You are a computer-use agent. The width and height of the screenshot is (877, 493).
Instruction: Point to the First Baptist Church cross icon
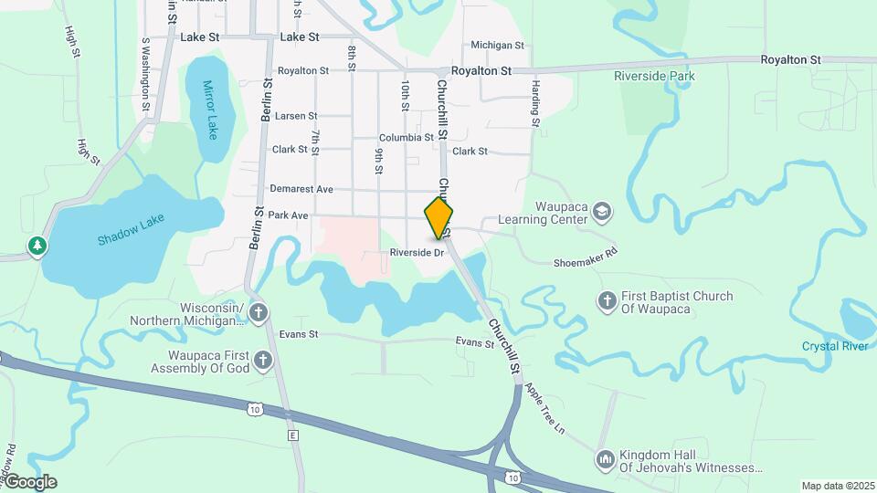tap(607, 300)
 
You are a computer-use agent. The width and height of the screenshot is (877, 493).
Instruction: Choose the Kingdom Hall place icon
tap(604, 460)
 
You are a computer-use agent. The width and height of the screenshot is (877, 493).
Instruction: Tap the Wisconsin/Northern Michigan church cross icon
tap(259, 313)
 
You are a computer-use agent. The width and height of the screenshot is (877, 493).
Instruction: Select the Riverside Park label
tap(654, 76)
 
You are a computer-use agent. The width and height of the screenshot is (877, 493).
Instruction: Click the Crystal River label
tap(834, 346)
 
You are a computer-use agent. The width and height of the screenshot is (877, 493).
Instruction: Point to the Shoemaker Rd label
tap(586, 257)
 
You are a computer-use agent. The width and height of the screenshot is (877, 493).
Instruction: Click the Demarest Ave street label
tap(301, 189)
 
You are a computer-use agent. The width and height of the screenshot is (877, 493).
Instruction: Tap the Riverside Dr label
tap(416, 252)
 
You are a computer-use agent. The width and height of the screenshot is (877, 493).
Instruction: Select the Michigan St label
tap(497, 45)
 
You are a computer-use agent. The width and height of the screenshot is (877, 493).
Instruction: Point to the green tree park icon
tap(37, 246)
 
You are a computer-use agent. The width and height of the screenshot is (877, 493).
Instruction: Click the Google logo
tap(29, 482)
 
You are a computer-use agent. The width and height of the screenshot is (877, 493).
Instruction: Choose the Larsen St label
tap(296, 116)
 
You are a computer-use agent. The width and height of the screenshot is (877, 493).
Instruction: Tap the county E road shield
tap(292, 436)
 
